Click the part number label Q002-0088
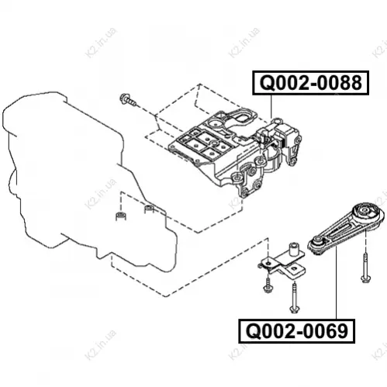tap(310, 83)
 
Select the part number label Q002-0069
tap(296, 331)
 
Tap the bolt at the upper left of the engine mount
tap(128, 100)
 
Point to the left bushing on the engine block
tap(121, 216)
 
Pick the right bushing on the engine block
tap(149, 209)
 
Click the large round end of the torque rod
tap(366, 213)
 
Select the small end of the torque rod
tap(317, 242)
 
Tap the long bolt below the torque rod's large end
tap(365, 268)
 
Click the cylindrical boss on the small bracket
tap(293, 249)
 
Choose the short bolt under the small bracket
tap(267, 285)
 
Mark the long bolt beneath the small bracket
tap(293, 298)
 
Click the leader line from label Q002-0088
tap(271, 106)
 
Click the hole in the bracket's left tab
tap(268, 263)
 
